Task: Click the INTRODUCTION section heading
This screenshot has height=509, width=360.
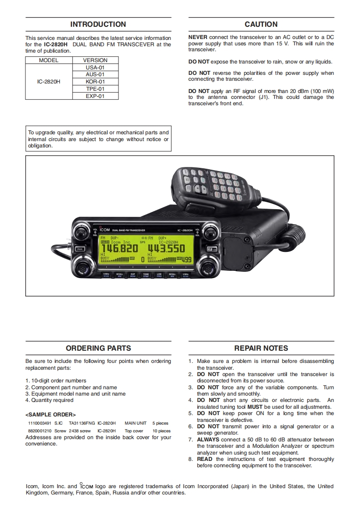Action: click(x=98, y=24)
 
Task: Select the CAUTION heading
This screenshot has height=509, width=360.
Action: click(x=261, y=24)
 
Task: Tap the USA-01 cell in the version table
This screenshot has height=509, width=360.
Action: click(x=95, y=67)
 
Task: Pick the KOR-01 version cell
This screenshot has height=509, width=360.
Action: click(x=95, y=82)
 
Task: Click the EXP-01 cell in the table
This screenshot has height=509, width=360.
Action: click(x=95, y=96)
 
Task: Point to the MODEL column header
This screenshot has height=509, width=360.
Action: click(x=49, y=60)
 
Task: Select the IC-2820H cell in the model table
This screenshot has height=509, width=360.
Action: click(x=49, y=82)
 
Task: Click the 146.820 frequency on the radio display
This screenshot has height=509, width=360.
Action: click(x=119, y=249)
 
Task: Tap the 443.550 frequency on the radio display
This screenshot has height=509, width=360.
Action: click(x=166, y=249)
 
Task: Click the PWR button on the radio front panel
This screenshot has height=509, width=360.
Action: click(x=80, y=249)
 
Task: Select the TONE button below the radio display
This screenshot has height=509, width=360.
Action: click(x=146, y=275)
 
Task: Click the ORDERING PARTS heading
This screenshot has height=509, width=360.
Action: click(x=98, y=348)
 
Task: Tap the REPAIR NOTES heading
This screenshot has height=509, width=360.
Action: click(x=261, y=348)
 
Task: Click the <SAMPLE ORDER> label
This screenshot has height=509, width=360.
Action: click(x=50, y=415)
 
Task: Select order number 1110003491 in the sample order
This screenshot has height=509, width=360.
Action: click(x=39, y=423)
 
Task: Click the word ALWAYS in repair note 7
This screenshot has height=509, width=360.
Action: click(x=208, y=440)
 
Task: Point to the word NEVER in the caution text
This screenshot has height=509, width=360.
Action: click(x=197, y=37)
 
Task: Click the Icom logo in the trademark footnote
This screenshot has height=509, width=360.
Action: click(x=86, y=486)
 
